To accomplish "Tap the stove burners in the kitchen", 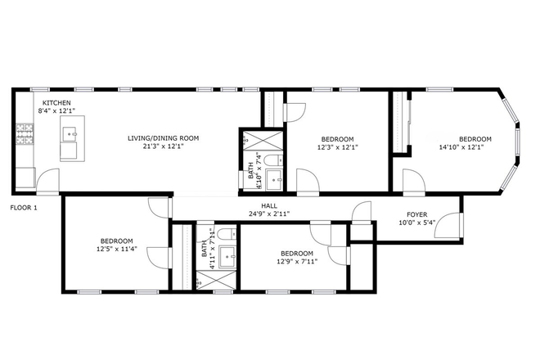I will [x=24, y=133].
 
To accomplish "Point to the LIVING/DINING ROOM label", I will [x=163, y=137].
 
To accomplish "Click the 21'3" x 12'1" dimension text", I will [x=163, y=147].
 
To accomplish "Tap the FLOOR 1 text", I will [x=24, y=208].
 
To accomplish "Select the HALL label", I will [x=268, y=205].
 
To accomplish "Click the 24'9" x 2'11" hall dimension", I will [x=268, y=214].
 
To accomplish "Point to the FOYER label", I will [x=417, y=214].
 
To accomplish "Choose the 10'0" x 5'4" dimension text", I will [x=417, y=223].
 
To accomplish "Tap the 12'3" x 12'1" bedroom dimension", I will [x=337, y=148].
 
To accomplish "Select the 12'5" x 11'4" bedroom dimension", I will [x=116, y=249].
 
